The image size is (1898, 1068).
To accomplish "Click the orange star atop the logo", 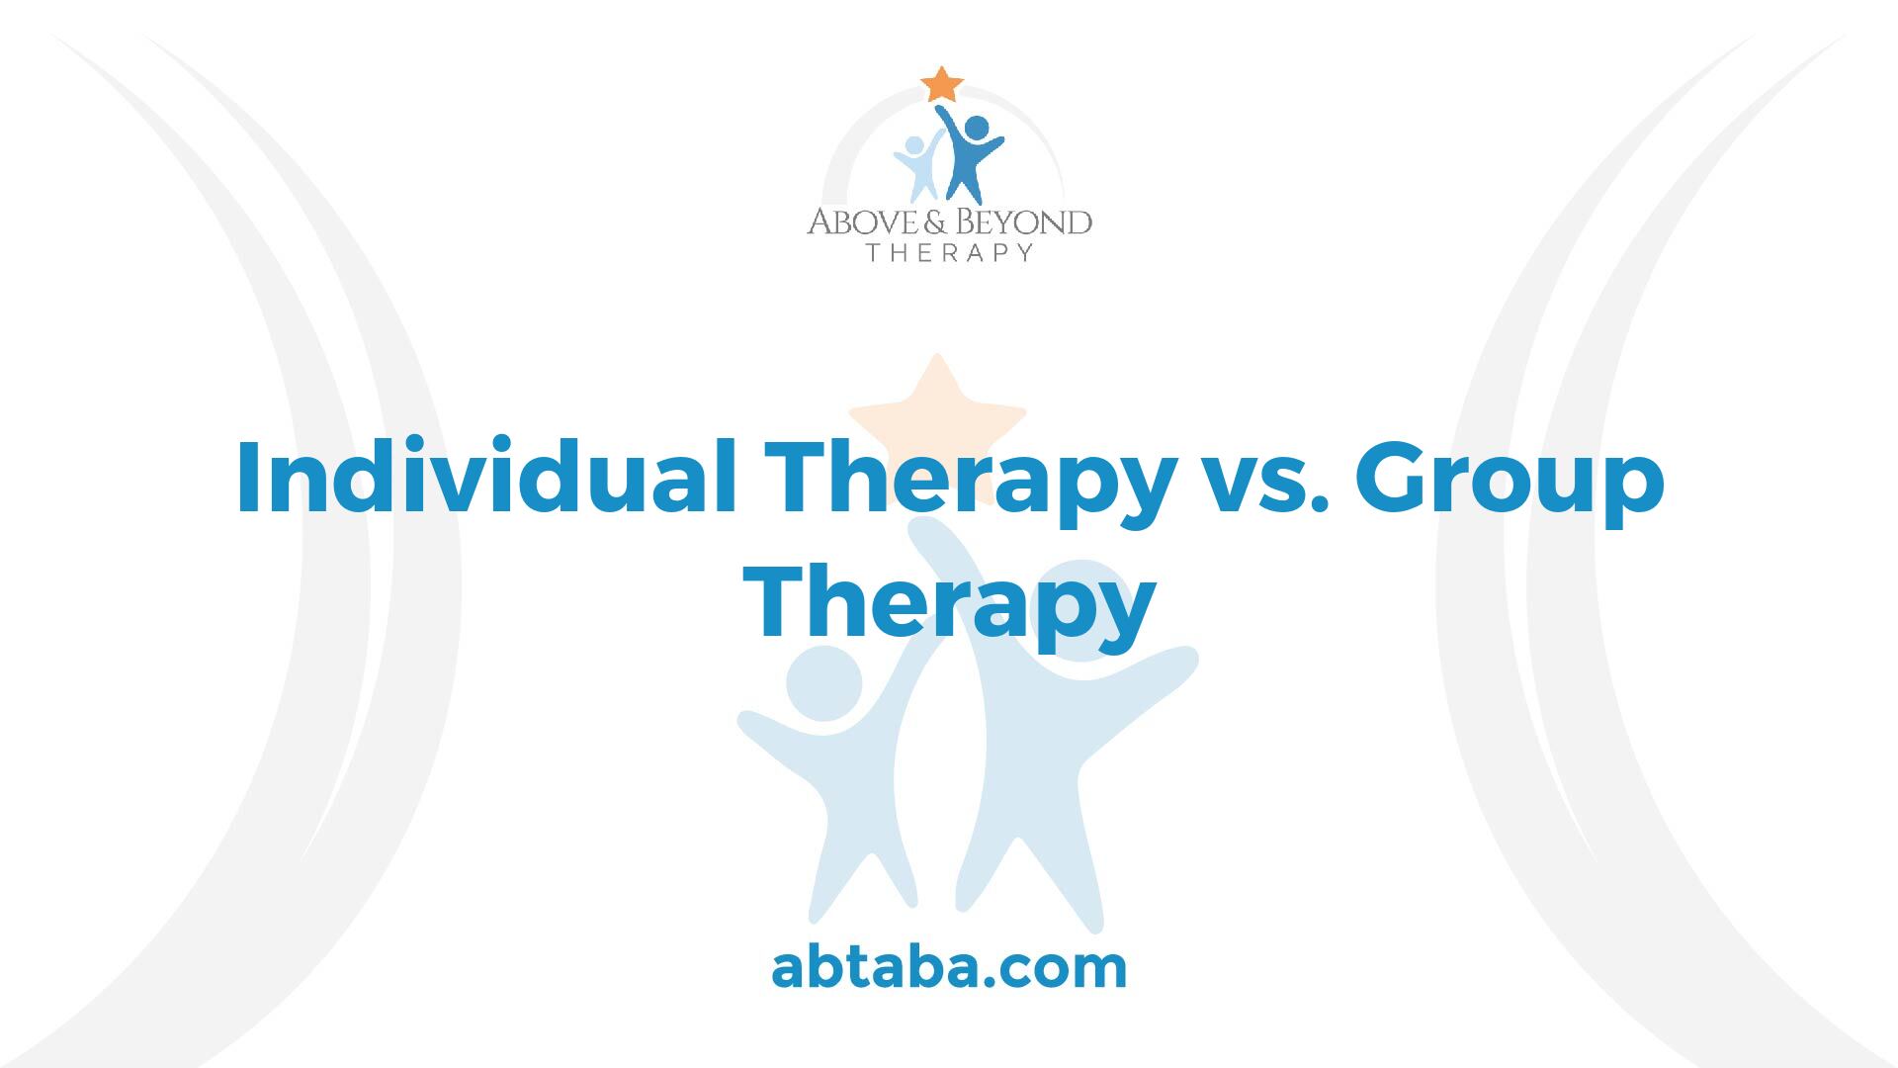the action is (x=942, y=84).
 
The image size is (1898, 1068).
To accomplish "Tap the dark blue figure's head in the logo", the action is (x=976, y=128).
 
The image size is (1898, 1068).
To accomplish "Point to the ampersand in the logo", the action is (x=911, y=221).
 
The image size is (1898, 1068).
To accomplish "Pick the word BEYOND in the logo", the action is (x=1009, y=221).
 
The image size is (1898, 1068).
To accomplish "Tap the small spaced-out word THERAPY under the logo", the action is (x=949, y=253).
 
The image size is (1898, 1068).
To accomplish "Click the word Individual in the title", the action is (x=486, y=479).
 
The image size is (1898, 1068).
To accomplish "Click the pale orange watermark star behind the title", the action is (x=937, y=420).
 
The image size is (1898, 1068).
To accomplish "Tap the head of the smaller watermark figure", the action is (x=823, y=683).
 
